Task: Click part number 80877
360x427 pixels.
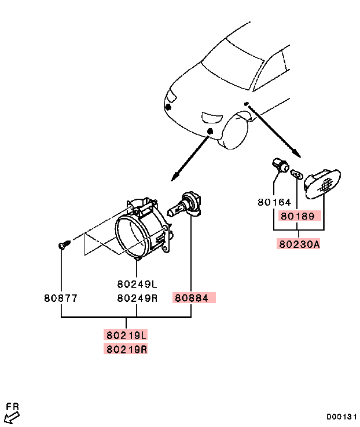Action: click(x=60, y=298)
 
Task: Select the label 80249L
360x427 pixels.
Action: click(x=137, y=284)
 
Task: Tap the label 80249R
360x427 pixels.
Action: click(x=137, y=298)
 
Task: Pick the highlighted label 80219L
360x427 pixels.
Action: click(x=126, y=335)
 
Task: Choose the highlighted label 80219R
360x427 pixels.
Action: click(x=126, y=349)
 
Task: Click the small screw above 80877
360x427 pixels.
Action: click(x=63, y=245)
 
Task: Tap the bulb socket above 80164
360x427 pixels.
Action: click(x=281, y=166)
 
